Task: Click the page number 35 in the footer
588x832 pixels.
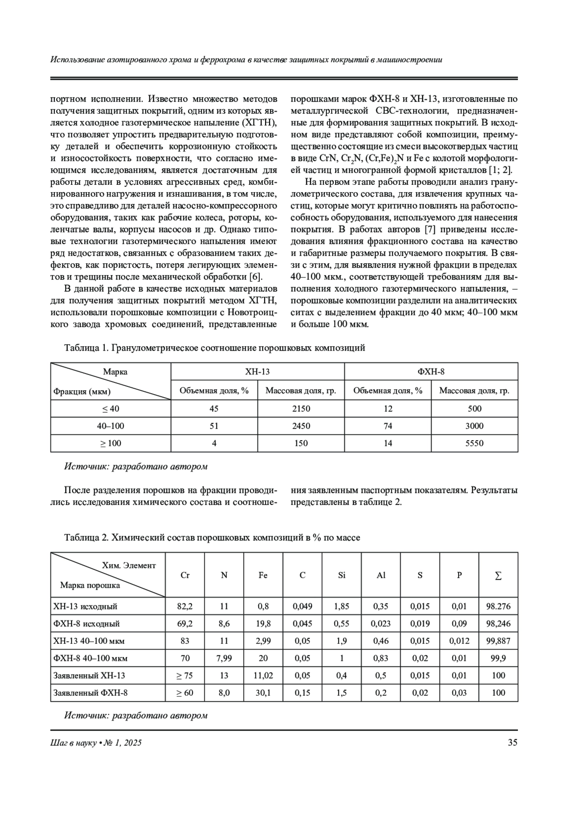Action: [512, 743]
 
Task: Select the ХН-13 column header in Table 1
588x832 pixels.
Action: [257, 372]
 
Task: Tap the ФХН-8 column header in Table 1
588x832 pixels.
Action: [431, 372]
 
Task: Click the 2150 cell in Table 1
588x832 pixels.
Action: [301, 408]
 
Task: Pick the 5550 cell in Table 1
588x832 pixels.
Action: [474, 443]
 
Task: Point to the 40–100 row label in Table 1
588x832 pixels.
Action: [111, 426]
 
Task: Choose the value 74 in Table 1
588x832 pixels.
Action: [388, 426]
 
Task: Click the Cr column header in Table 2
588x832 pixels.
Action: [185, 575]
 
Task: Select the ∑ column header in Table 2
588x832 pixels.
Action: [498, 576]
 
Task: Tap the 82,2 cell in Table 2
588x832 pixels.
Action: [185, 606]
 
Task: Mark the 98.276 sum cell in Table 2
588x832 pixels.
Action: [498, 606]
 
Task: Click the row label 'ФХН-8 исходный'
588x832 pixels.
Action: [86, 624]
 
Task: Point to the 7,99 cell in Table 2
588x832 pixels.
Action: [224, 658]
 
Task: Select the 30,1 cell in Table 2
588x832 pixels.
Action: [263, 693]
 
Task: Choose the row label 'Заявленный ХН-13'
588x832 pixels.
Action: [89, 676]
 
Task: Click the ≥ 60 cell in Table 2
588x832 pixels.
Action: [185, 693]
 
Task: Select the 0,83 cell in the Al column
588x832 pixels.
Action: [381, 658]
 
